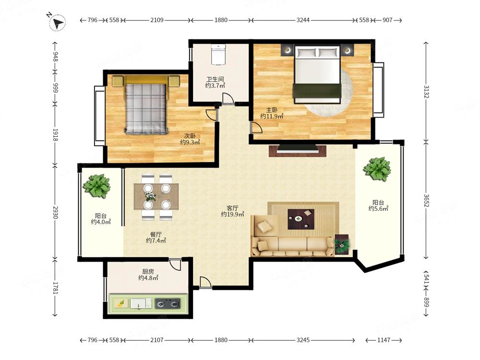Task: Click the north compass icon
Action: [x=57, y=23]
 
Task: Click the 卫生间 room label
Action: [x=215, y=79]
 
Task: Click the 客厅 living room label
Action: [x=232, y=208]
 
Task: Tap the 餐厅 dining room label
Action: [x=156, y=235]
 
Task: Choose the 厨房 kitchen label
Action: [x=148, y=272]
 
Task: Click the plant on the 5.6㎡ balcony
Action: [x=377, y=169]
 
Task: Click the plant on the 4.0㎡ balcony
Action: [x=97, y=186]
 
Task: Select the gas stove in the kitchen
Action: [x=168, y=304]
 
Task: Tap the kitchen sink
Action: [x=141, y=304]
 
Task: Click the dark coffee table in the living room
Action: [x=301, y=219]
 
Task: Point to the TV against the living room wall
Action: [x=298, y=149]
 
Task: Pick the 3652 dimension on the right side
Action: [x=426, y=201]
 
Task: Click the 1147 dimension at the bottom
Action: [x=384, y=340]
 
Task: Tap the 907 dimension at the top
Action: [x=387, y=20]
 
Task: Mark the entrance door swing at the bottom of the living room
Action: [x=205, y=282]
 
